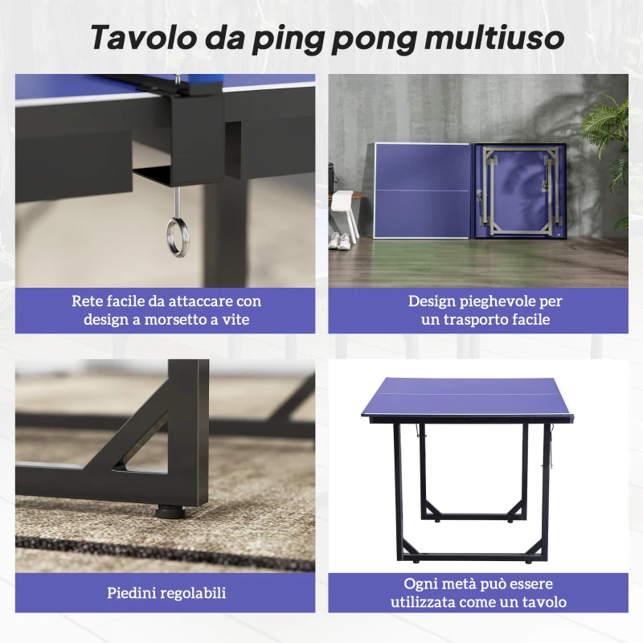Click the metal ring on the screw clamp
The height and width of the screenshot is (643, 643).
coord(177,235)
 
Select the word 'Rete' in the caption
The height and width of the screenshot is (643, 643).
coord(88,301)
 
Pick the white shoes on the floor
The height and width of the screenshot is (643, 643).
coord(339,240)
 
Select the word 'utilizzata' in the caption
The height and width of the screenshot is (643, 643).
coord(425,602)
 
